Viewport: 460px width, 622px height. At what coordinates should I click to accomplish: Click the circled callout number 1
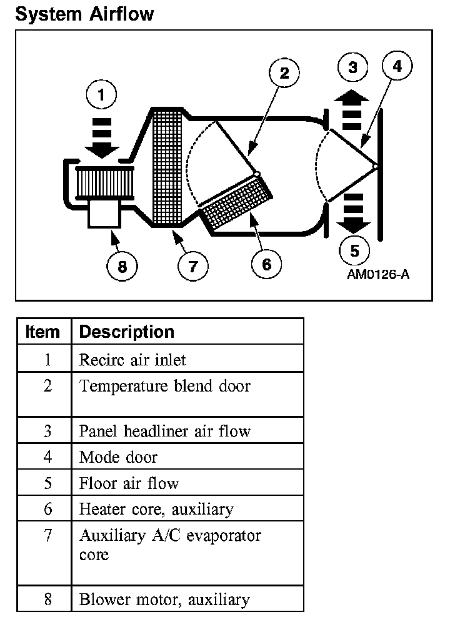tap(102, 97)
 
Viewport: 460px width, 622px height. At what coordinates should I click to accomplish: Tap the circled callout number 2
tap(284, 74)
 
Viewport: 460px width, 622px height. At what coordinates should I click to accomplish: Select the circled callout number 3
tap(354, 67)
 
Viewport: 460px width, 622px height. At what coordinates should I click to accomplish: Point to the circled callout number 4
tap(397, 67)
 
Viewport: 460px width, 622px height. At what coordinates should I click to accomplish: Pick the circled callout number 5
tap(355, 251)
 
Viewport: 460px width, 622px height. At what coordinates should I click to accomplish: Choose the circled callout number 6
tap(267, 265)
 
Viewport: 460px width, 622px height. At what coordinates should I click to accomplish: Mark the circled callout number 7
tap(192, 267)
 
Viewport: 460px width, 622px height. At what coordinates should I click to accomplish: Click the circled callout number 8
tap(122, 267)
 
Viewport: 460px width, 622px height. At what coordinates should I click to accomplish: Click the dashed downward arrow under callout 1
tap(101, 137)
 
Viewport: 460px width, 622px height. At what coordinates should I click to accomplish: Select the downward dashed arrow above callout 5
tap(354, 212)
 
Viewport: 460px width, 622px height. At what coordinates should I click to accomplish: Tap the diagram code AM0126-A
tap(379, 275)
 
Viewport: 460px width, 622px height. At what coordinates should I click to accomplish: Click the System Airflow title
tap(84, 14)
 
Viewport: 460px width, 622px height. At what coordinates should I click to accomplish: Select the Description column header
tap(127, 332)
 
